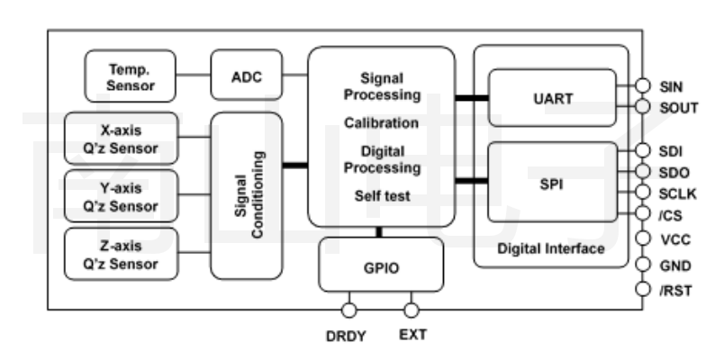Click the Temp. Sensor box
click(x=131, y=76)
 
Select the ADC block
click(x=246, y=76)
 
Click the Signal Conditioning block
click(x=246, y=195)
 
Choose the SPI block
click(x=552, y=181)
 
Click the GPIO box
click(x=382, y=266)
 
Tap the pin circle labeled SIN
click(x=642, y=85)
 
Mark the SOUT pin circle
click(x=642, y=108)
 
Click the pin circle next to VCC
click(x=642, y=239)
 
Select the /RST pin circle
click(x=642, y=290)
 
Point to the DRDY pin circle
click(x=348, y=310)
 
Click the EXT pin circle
click(x=412, y=310)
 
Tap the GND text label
click(x=676, y=265)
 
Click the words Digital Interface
click(x=551, y=248)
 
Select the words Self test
click(x=381, y=192)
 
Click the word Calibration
click(x=381, y=122)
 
